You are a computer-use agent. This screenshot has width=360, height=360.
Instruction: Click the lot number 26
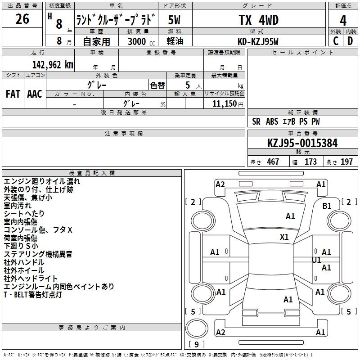[22, 19]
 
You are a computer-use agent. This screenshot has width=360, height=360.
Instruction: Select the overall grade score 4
[343, 21]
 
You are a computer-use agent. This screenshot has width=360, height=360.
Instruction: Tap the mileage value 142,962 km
[53, 65]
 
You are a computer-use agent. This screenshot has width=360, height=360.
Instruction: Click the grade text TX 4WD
[259, 20]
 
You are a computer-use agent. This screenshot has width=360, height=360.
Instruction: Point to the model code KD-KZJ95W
[258, 41]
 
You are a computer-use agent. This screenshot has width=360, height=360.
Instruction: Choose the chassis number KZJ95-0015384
[302, 143]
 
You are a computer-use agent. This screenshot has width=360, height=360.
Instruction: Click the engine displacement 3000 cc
[141, 41]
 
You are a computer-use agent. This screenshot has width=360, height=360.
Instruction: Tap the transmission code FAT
[13, 94]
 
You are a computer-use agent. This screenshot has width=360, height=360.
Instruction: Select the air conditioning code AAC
[35, 94]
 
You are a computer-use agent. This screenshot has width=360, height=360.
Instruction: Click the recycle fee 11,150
[225, 103]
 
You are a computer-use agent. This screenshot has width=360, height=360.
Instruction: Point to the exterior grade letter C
[336, 41]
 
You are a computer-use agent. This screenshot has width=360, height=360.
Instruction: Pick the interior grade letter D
[350, 41]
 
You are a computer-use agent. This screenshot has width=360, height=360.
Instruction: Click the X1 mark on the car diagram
[284, 237]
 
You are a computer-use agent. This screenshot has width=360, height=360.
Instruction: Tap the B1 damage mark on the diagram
[327, 206]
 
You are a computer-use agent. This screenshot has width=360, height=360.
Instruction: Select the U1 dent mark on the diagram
[316, 260]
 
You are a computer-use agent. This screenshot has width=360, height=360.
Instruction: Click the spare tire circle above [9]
[197, 328]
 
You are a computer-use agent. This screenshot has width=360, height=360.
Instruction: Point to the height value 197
[346, 162]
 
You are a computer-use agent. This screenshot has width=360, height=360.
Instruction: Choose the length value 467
[273, 162]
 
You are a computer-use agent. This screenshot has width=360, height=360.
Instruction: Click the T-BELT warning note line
[33, 295]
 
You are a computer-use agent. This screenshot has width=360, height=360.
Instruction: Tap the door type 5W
[174, 20]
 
